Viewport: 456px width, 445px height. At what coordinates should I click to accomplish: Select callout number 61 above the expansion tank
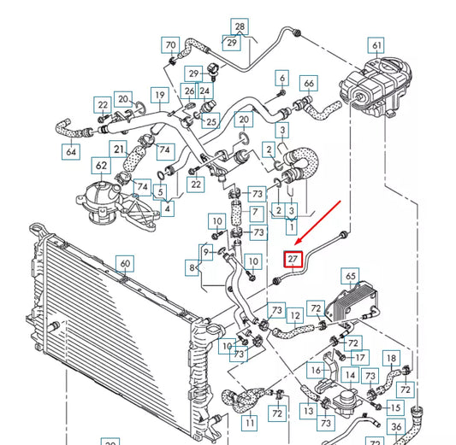[x=376, y=45]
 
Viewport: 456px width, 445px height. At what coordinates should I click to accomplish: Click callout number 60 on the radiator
[x=124, y=264]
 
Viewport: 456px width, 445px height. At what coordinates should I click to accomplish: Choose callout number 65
[x=350, y=275]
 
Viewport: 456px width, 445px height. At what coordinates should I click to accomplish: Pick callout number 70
[x=170, y=44]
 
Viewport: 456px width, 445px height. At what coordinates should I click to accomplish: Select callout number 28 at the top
[x=240, y=27]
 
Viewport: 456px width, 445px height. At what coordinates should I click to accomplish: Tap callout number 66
[x=310, y=83]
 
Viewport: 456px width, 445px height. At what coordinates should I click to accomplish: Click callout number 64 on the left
[x=70, y=151]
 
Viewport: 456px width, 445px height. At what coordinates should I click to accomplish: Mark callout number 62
[x=101, y=165]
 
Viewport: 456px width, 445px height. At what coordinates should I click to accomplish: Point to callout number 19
[x=159, y=94]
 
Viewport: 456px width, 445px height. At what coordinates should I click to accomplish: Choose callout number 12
[x=295, y=314]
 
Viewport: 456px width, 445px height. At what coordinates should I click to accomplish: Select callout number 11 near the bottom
[x=248, y=422]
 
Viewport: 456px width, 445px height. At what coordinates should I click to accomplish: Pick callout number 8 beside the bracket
[x=192, y=268]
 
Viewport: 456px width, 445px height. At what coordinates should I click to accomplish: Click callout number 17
[x=360, y=357]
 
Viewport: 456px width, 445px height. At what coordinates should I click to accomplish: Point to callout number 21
[x=121, y=149]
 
